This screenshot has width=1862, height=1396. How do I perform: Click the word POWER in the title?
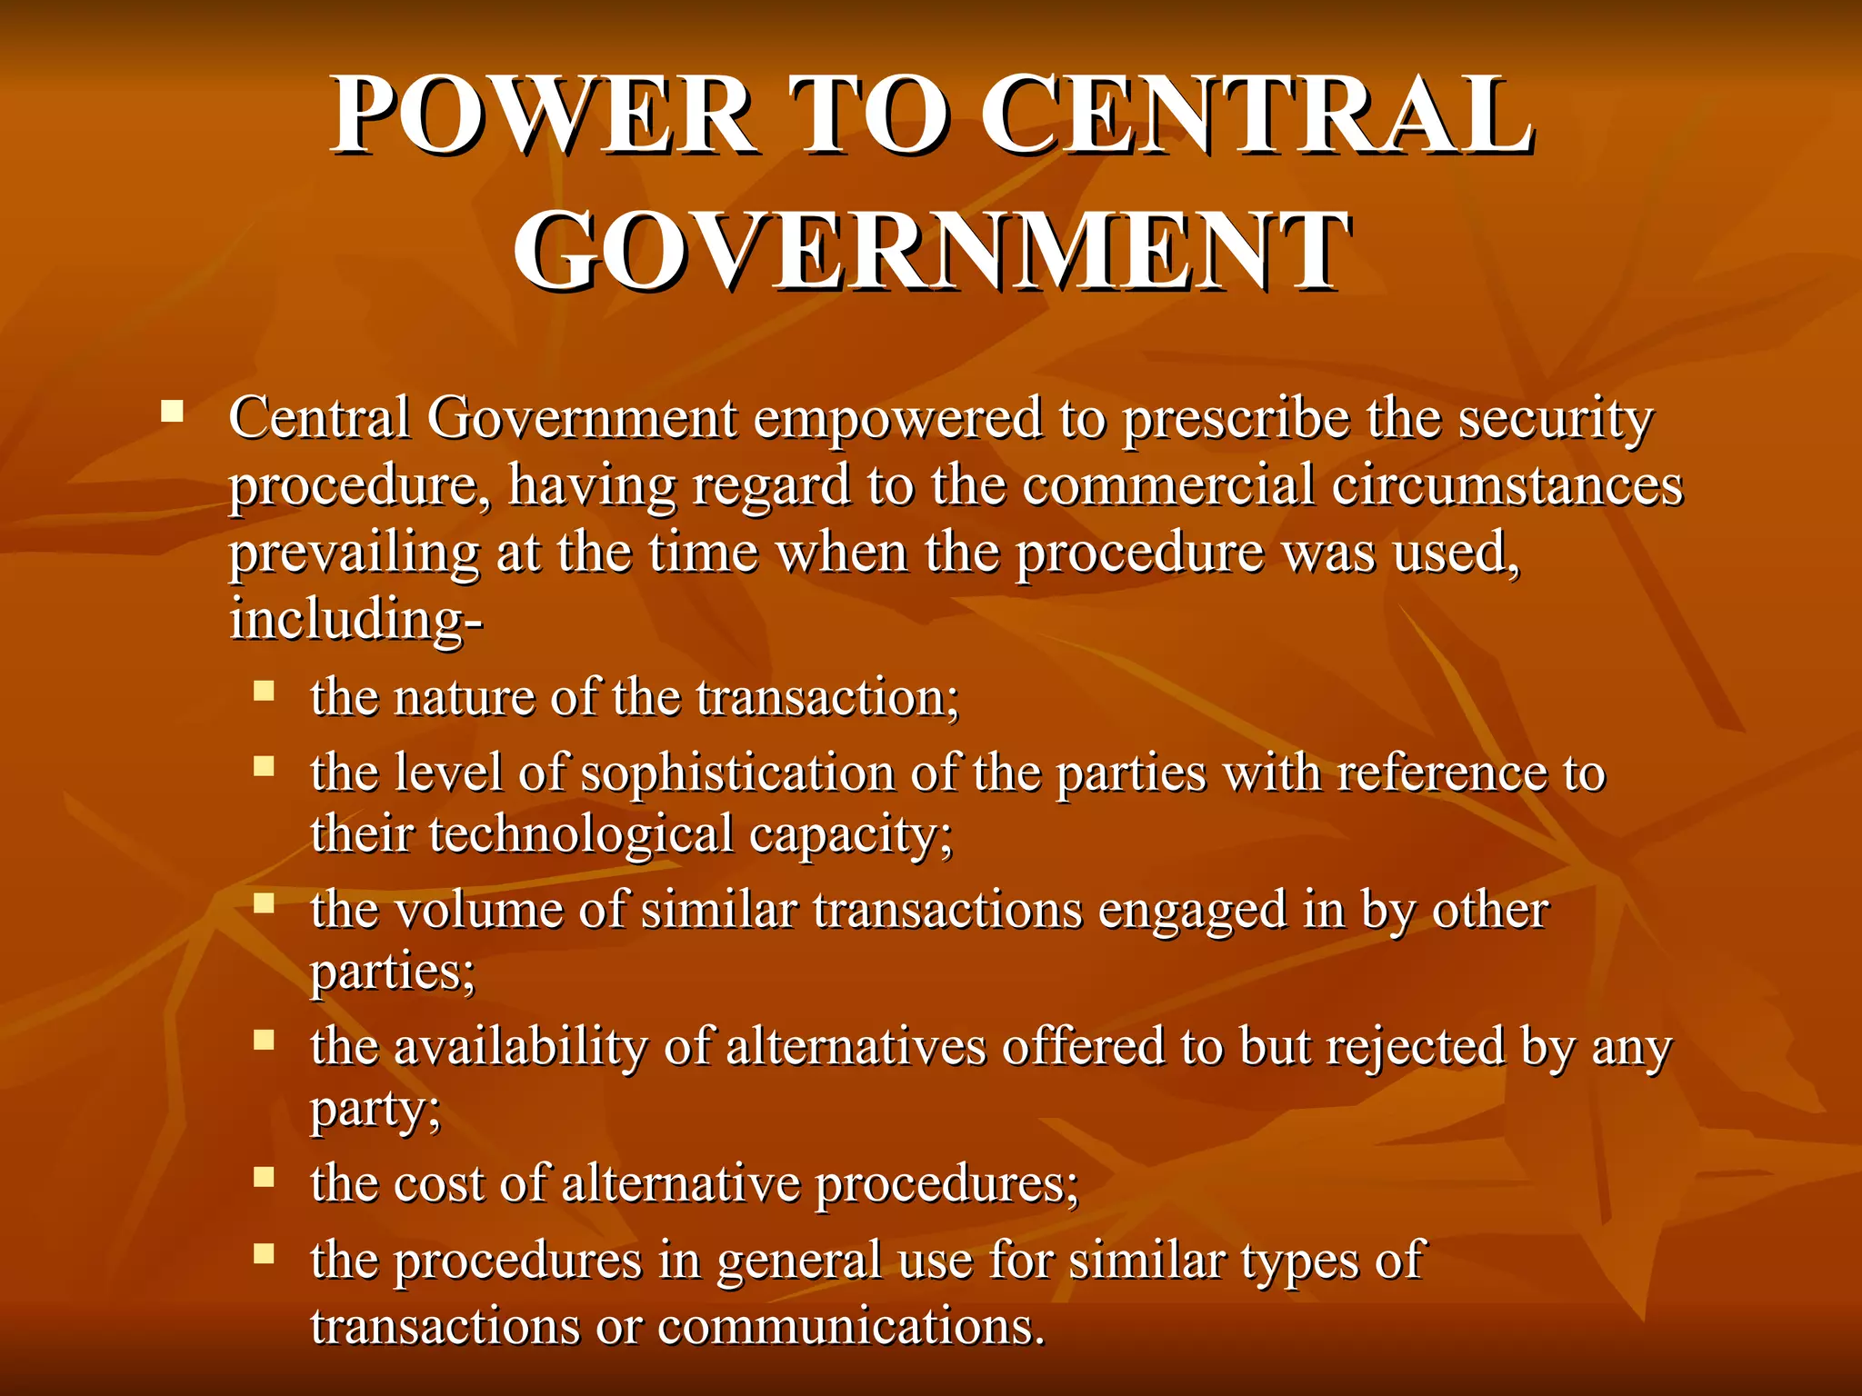(x=544, y=116)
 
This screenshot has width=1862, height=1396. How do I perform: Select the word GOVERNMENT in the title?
(x=931, y=251)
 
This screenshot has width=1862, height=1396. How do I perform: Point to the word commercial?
(x=1168, y=485)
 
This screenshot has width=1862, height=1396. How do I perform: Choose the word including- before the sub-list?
(x=355, y=620)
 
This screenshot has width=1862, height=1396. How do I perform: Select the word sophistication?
(x=737, y=773)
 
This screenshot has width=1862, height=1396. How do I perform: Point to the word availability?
(x=520, y=1046)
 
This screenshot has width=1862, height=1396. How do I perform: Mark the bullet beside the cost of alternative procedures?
(x=264, y=1178)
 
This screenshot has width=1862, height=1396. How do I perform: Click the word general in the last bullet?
(x=799, y=1261)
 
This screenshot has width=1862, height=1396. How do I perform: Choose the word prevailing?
(x=354, y=553)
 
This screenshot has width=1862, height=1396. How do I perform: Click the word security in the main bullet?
(x=1556, y=420)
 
